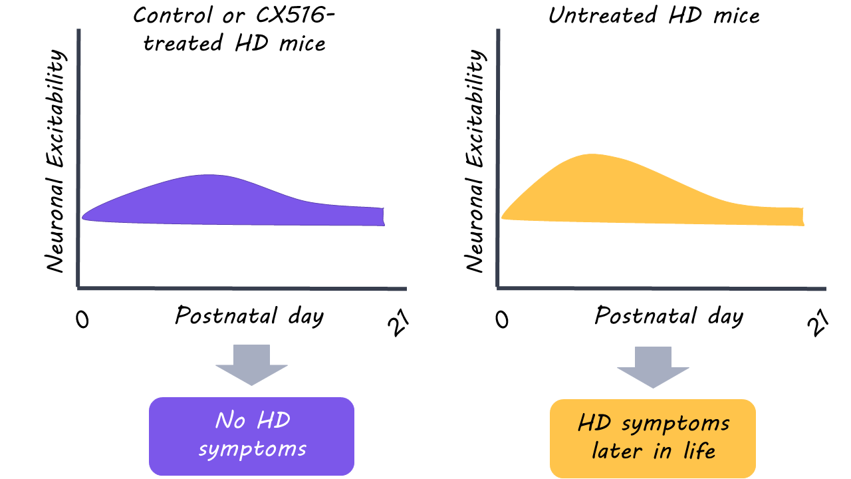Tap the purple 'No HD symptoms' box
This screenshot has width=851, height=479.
point(251,436)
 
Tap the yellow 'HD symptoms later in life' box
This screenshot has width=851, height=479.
point(653,438)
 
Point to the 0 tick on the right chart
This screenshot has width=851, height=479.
point(503,319)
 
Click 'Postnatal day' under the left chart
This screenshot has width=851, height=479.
point(249,315)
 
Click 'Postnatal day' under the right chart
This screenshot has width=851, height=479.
point(668,315)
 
